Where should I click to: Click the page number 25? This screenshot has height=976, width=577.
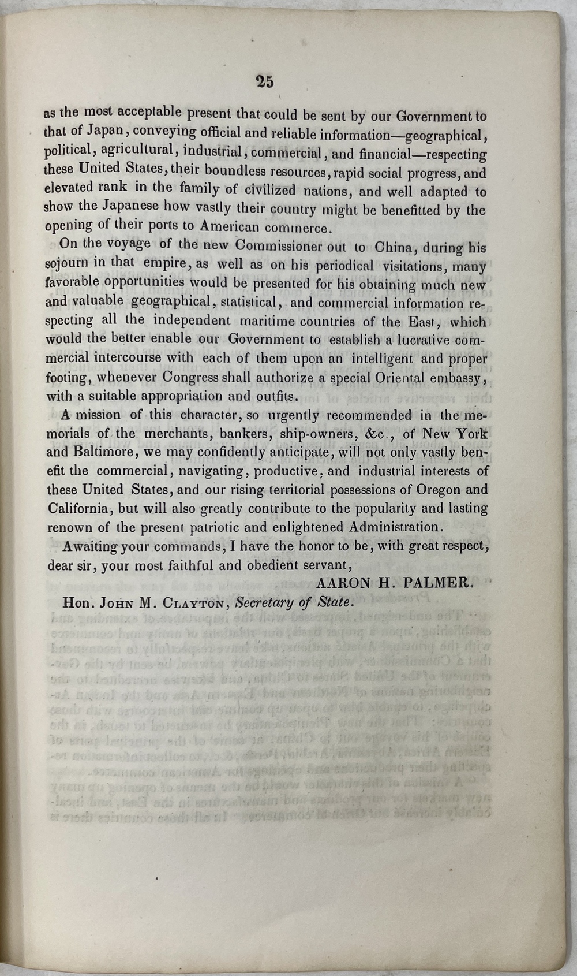(265, 82)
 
